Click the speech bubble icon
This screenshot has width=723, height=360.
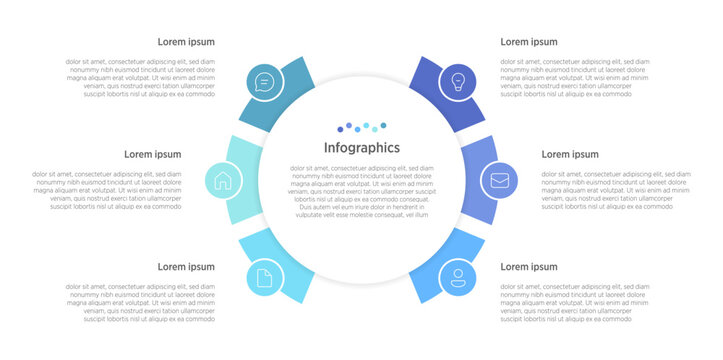(x=264, y=82)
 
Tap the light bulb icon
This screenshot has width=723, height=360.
(x=458, y=82)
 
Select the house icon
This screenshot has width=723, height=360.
(x=223, y=181)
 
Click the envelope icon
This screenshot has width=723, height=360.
(x=498, y=181)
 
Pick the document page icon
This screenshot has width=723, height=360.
(x=264, y=278)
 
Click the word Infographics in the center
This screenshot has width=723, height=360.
(x=361, y=148)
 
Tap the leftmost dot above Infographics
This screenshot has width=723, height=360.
(x=340, y=129)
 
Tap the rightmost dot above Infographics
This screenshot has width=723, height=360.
(x=383, y=125)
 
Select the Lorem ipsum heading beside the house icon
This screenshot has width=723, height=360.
(x=152, y=155)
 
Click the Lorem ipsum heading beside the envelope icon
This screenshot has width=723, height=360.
(x=570, y=155)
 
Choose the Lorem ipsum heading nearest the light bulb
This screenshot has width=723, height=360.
(x=529, y=42)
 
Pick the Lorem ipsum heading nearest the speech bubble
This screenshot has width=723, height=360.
(x=186, y=42)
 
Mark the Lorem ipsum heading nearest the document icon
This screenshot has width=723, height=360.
(x=186, y=267)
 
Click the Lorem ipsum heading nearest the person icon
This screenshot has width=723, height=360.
(x=529, y=267)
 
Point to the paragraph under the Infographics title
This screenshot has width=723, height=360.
(x=361, y=191)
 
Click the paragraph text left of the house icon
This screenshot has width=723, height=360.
(x=108, y=190)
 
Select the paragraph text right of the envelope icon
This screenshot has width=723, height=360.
(x=616, y=190)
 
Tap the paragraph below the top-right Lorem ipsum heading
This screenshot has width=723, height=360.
(x=567, y=78)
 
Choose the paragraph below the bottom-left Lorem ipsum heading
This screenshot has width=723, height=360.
(x=141, y=303)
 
